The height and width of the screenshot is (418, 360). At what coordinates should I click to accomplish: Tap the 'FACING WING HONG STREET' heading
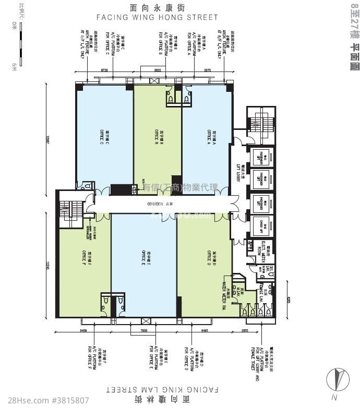point(166,17)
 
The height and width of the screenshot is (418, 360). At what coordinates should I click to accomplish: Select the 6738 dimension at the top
point(104,69)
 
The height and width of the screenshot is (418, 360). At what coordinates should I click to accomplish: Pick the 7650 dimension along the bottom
point(144,330)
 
